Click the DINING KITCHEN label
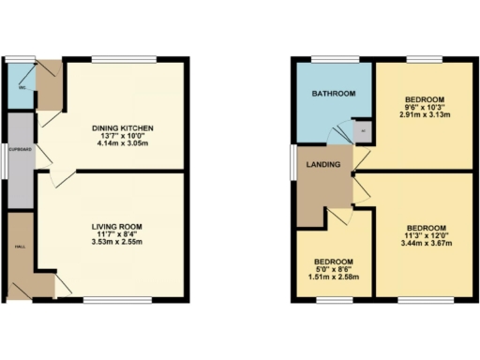pyautogui.click(x=122, y=128)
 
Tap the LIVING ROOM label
pyautogui.click(x=116, y=227)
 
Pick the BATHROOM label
pyautogui.click(x=334, y=94)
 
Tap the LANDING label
pyautogui.click(x=321, y=165)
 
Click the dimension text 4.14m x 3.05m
pyautogui.click(x=122, y=147)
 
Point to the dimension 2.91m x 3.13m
pyautogui.click(x=425, y=116)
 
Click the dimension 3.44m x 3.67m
pyautogui.click(x=427, y=245)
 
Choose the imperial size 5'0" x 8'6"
pyautogui.click(x=334, y=271)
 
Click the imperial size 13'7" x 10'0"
pyautogui.click(x=122, y=138)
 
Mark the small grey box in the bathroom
pyautogui.click(x=362, y=131)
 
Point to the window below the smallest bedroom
pyautogui.click(x=334, y=299)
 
